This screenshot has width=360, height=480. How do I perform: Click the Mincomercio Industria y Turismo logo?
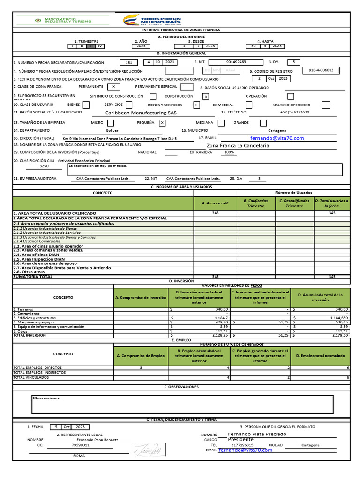63,20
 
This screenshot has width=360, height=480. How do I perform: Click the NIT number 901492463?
235,62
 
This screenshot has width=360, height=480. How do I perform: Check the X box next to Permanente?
113,87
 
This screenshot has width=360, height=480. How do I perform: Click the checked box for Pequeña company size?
162,123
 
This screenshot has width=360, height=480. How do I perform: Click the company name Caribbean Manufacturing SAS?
141,113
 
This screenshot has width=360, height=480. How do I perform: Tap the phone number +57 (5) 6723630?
294,112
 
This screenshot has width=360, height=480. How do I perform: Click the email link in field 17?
277,138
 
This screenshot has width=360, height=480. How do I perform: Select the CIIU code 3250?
44,166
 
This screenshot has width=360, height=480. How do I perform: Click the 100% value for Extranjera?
229,152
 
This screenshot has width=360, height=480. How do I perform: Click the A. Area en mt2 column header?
215,203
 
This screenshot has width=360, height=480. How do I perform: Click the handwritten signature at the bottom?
148,450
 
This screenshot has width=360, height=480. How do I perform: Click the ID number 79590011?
81,445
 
